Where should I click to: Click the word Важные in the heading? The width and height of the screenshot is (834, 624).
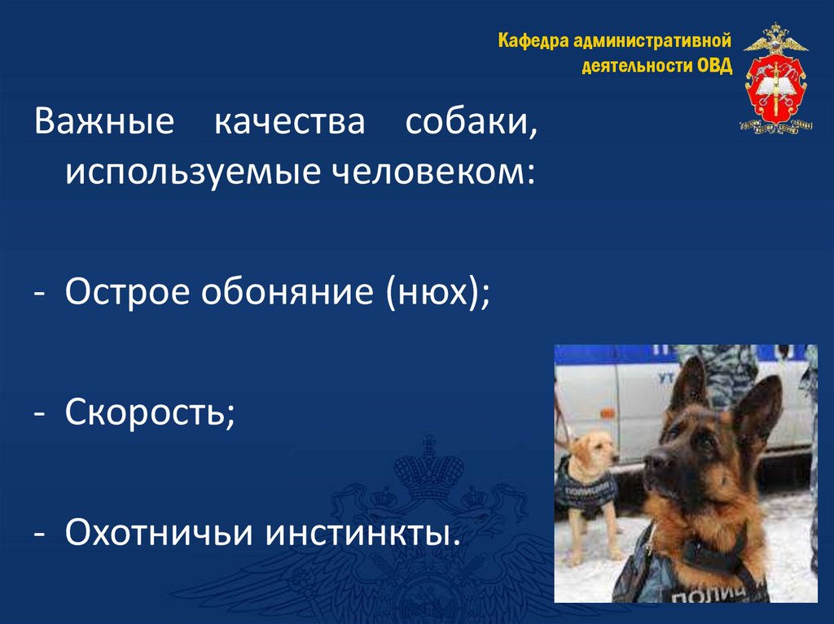104,120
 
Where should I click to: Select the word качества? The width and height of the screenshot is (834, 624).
290,122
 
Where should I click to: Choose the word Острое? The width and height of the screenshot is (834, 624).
127,292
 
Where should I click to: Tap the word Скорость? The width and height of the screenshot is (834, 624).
150,412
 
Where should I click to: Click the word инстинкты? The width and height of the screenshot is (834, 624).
362,532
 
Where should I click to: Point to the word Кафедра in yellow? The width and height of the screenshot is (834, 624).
533,41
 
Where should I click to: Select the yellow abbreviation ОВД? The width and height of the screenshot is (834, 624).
714,65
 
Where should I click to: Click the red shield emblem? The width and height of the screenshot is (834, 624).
775,87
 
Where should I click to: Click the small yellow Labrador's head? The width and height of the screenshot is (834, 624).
595,450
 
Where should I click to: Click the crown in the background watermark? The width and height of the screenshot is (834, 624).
428,467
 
